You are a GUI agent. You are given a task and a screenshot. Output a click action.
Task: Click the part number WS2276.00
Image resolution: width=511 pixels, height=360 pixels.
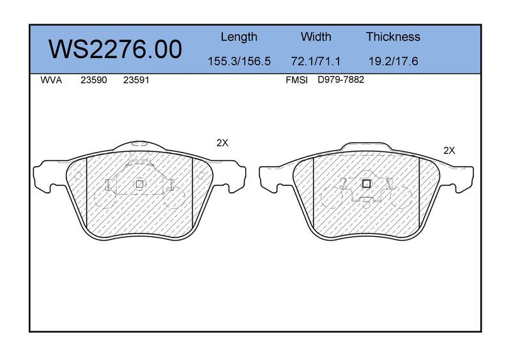[116, 49]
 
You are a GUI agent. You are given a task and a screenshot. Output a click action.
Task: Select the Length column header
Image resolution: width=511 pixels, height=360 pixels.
[239, 37]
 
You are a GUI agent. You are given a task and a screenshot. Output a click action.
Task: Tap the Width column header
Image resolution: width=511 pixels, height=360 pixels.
[316, 36]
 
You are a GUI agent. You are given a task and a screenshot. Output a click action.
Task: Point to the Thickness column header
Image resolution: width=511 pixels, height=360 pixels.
[393, 36]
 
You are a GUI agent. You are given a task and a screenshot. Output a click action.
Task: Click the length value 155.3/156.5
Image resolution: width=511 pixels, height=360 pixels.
[239, 61]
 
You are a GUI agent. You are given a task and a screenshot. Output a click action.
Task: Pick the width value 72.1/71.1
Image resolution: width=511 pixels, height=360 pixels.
[316, 61]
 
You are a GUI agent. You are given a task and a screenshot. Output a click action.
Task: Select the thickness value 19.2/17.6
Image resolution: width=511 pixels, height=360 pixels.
[393, 61]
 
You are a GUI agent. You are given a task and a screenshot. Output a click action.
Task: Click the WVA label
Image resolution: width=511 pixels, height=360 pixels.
[51, 80]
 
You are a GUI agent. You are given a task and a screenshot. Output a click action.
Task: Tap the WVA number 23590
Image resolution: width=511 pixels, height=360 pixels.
[94, 80]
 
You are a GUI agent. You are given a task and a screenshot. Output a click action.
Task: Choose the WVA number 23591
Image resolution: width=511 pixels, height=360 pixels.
[136, 80]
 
